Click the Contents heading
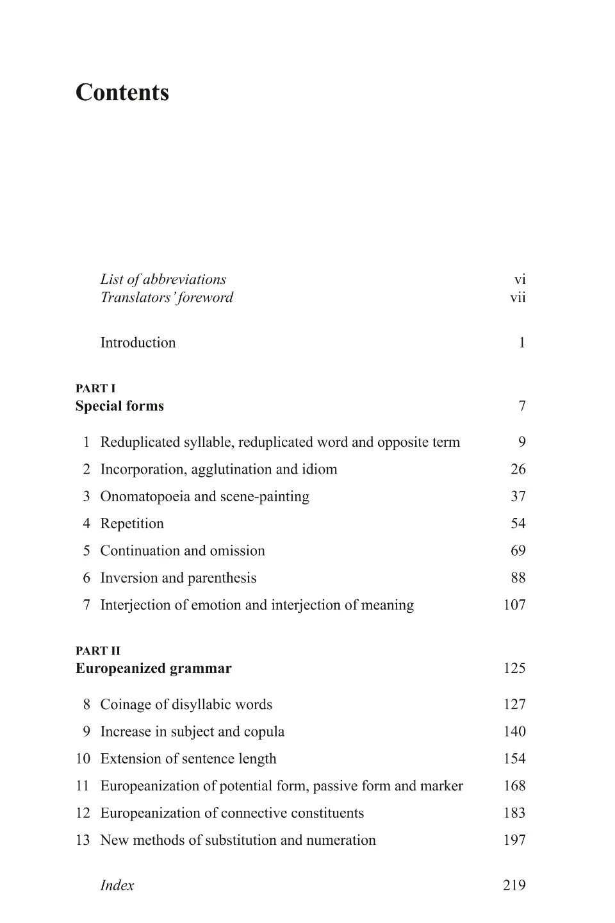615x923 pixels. click(x=122, y=92)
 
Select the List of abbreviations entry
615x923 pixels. click(x=163, y=279)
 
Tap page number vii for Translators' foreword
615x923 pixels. click(x=518, y=297)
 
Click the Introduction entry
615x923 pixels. click(x=138, y=343)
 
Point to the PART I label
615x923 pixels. click(x=95, y=388)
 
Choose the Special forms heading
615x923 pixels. click(x=120, y=406)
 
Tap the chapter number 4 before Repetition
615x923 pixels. click(x=86, y=524)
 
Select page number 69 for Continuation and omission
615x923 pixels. click(x=518, y=551)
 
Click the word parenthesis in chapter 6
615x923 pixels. click(x=222, y=578)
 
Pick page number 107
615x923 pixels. click(x=514, y=605)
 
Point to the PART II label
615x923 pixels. click(x=98, y=651)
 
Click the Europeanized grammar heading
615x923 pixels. click(x=154, y=669)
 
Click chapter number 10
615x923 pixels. click(x=83, y=759)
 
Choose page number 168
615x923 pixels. click(x=514, y=786)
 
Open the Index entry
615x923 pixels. click(x=117, y=886)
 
